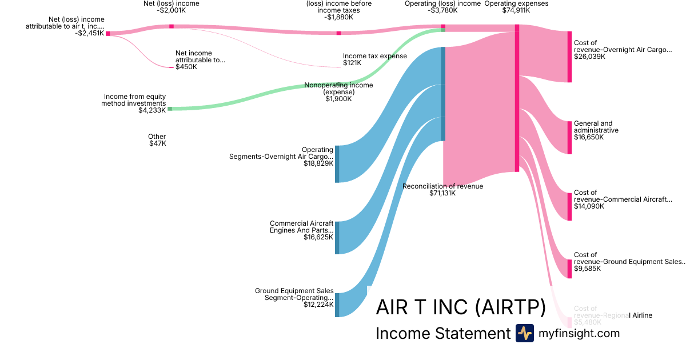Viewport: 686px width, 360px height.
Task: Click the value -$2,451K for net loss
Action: [x=89, y=33]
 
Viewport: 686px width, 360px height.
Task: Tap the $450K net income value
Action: [x=186, y=67]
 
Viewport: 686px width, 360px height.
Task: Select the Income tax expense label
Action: [x=375, y=56]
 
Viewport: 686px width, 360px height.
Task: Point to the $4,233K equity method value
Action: [x=152, y=110]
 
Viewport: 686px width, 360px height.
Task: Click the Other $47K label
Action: [x=157, y=140]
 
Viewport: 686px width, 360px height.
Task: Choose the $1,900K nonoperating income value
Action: [x=338, y=99]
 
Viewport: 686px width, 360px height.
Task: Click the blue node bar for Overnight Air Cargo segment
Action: [x=337, y=164]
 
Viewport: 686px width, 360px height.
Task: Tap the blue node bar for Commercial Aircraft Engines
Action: [x=337, y=237]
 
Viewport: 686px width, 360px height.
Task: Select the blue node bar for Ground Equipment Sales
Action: [x=337, y=305]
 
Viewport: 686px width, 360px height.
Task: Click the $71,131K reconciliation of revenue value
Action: [x=442, y=193]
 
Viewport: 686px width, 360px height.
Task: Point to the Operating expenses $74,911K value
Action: [x=516, y=10]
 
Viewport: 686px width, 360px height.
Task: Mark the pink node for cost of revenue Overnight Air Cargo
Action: [x=569, y=57]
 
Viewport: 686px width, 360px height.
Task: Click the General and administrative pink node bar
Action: [x=569, y=137]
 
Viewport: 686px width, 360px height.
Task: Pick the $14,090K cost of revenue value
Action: [x=589, y=206]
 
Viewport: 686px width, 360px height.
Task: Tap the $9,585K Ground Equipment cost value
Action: [x=587, y=269]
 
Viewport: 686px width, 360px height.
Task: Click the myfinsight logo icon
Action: [x=524, y=333]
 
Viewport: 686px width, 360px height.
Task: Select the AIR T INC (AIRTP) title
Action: [x=461, y=307]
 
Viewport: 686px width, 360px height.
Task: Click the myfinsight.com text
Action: [x=579, y=333]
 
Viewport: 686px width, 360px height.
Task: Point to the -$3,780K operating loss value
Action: [x=442, y=10]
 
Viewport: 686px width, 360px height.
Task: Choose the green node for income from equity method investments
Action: [x=169, y=109]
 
